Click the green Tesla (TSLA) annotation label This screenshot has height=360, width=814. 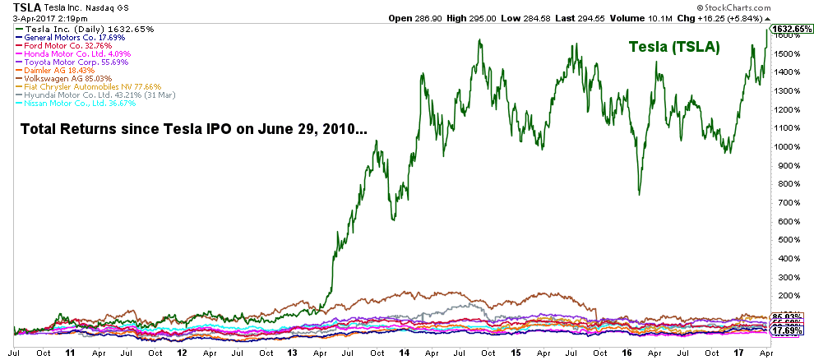(674, 48)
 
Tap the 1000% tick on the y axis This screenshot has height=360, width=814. (787, 147)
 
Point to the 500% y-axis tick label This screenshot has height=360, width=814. (787, 239)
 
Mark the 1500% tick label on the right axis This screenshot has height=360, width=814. (787, 54)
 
